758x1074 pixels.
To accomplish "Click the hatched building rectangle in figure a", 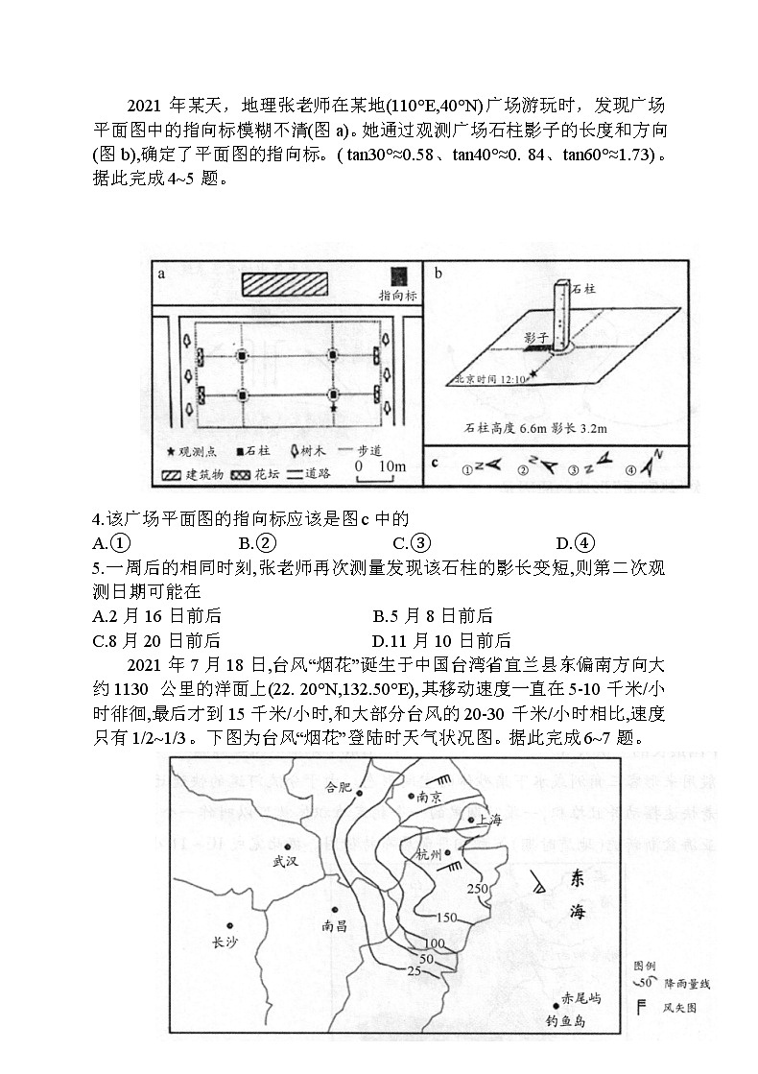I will point(286,283).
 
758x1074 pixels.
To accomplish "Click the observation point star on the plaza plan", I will point(333,408).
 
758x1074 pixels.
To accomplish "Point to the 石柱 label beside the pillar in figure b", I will point(584,286).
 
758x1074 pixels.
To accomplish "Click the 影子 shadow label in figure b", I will point(536,338).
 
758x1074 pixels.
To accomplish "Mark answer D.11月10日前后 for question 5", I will point(441,640).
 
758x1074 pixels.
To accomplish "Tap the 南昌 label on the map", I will point(338,927).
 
